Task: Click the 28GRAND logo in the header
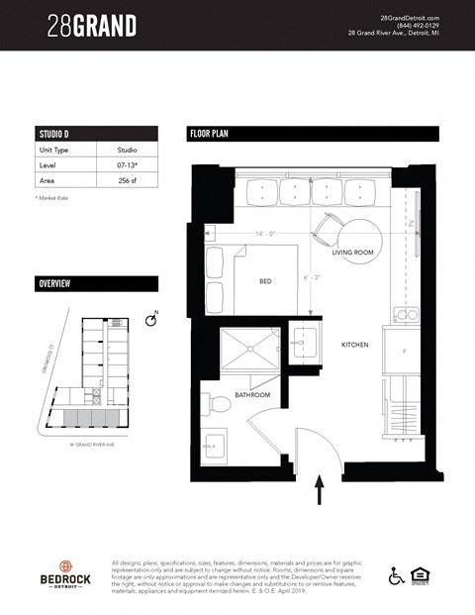pyautogui.click(x=91, y=25)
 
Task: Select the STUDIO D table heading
pyautogui.click(x=54, y=134)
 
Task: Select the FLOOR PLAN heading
pyautogui.click(x=210, y=134)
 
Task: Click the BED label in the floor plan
pyautogui.click(x=265, y=281)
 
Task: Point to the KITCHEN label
pyautogui.click(x=354, y=345)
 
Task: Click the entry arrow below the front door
pyautogui.click(x=319, y=490)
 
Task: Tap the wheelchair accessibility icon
pyautogui.click(x=396, y=574)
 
